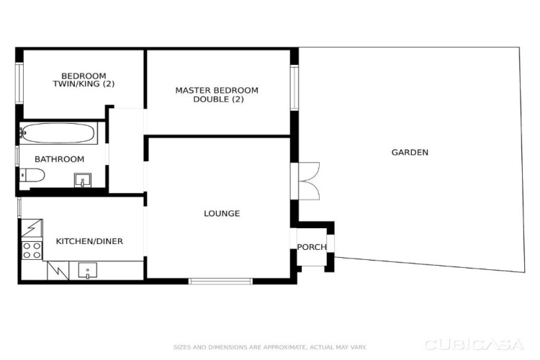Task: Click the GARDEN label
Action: [410, 152]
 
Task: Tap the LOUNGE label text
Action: [222, 214]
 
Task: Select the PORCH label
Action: [312, 247]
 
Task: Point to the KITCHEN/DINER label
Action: [89, 241]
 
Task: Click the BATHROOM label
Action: [60, 159]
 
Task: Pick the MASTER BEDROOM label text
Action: [217, 91]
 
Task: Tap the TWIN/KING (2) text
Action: [84, 84]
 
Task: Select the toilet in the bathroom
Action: [32, 175]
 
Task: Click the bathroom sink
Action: [83, 180]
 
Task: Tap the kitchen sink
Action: [87, 271]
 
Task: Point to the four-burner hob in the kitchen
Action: [32, 251]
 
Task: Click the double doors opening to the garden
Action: [310, 181]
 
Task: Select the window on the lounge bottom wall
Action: [220, 282]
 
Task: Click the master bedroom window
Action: [294, 88]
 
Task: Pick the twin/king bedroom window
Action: [19, 83]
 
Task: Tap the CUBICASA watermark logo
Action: [474, 344]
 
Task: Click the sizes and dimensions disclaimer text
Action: [270, 347]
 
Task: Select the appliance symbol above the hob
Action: [32, 228]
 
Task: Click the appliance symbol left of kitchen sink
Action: [58, 271]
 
